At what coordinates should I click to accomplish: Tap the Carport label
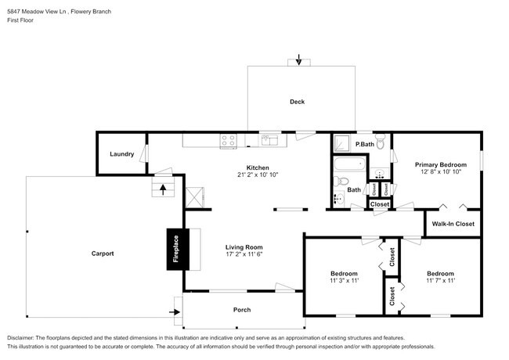[103, 254]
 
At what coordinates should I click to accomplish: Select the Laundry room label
[121, 154]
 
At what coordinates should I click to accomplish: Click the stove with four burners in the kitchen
[229, 141]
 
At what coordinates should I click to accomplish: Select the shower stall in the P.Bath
[341, 143]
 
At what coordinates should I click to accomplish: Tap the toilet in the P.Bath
[380, 144]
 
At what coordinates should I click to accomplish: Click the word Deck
[297, 102]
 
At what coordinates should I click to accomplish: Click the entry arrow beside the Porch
[174, 311]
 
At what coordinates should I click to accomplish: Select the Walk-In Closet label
[453, 224]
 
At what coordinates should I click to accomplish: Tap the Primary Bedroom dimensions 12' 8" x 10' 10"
[441, 173]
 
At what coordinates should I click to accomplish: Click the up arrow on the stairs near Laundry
[163, 188]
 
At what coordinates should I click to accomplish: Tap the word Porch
[242, 310]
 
